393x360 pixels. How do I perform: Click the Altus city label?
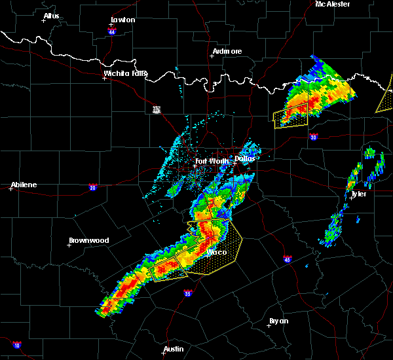(52, 16)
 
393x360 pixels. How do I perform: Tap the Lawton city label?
(122, 20)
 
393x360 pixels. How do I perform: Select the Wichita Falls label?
(126, 73)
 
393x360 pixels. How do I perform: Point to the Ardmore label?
(227, 51)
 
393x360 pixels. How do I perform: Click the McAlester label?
(333, 5)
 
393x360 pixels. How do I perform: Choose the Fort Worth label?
(212, 161)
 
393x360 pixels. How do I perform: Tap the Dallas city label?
(246, 158)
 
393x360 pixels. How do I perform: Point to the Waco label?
(217, 252)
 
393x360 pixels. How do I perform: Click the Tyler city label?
(358, 194)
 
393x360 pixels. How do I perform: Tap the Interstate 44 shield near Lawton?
(112, 31)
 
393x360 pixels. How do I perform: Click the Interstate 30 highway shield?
(313, 137)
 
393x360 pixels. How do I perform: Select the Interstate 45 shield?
(287, 259)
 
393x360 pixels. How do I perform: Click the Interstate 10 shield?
(17, 345)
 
